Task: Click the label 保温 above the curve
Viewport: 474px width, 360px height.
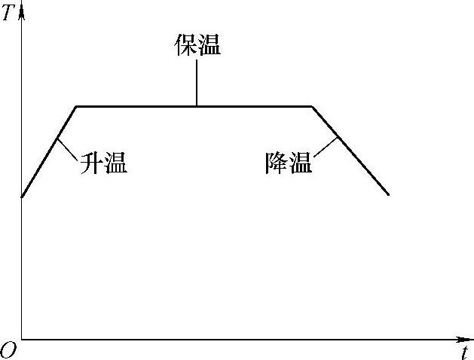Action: coord(197,46)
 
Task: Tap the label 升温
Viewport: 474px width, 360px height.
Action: coord(103,163)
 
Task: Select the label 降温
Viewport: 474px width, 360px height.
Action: coord(289,163)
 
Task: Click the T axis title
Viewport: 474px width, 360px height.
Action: coord(8,13)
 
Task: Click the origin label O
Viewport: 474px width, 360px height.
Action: coord(8,349)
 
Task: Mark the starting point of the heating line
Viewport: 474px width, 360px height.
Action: coord(22,197)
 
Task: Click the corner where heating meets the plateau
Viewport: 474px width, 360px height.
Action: coord(77,106)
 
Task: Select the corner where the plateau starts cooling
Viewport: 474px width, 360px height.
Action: coord(313,106)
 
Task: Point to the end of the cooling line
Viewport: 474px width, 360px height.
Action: coord(389,195)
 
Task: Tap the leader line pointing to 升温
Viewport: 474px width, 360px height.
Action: coord(68,149)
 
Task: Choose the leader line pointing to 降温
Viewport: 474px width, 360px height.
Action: coord(325,148)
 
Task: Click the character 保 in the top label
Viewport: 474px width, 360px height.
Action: coord(185,46)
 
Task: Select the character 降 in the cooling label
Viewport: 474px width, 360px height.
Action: coord(277,163)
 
